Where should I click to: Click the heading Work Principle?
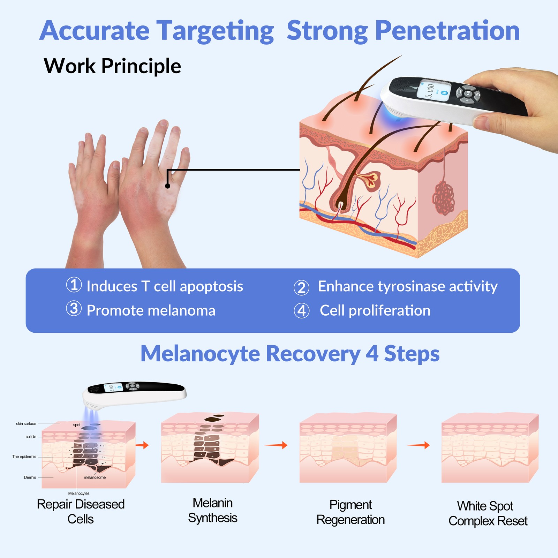pyautogui.click(x=112, y=66)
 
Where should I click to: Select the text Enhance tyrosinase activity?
pyautogui.click(x=407, y=286)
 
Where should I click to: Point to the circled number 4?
pyautogui.click(x=302, y=311)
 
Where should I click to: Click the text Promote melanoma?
pyautogui.click(x=151, y=311)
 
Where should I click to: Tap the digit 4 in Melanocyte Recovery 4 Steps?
pyautogui.click(x=372, y=354)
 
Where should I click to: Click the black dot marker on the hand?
pyautogui.click(x=167, y=186)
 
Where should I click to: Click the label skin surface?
pyautogui.click(x=26, y=424)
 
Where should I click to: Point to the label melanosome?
pyautogui.click(x=95, y=477)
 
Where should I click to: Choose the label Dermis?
pyautogui.click(x=30, y=477)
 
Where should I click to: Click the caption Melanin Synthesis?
pyautogui.click(x=213, y=510)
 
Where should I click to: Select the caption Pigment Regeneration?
pyautogui.click(x=350, y=512)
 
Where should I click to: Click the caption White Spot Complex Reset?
pyautogui.click(x=488, y=513)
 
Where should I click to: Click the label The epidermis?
pyautogui.click(x=24, y=457)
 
